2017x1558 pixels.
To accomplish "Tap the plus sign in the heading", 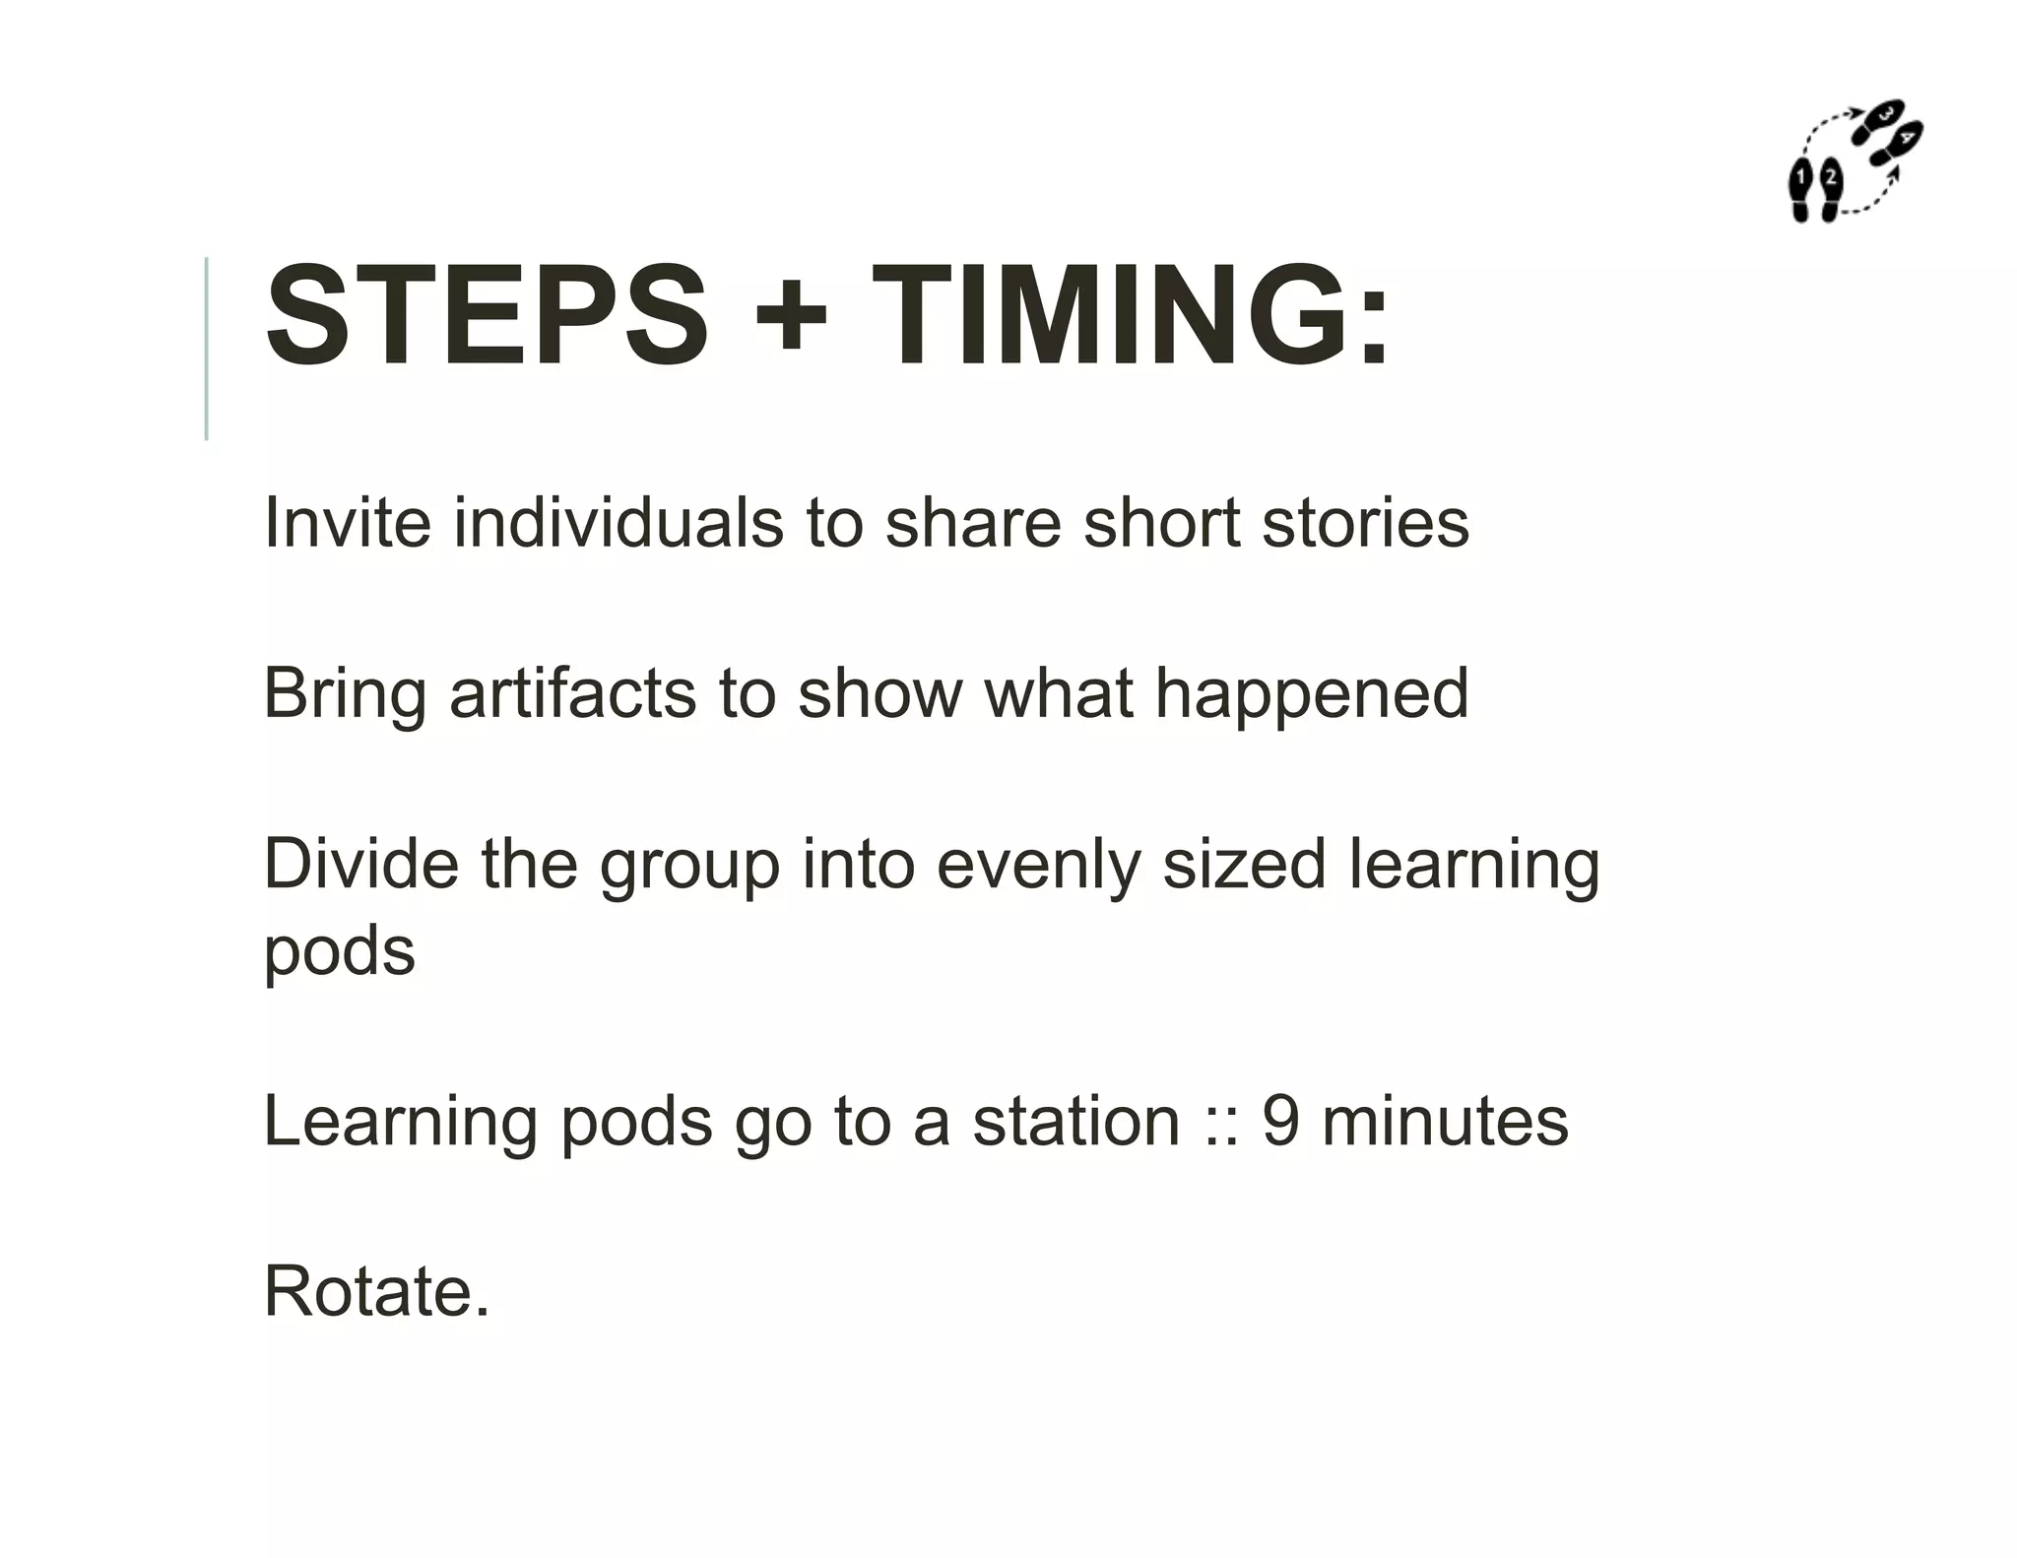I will (x=789, y=317).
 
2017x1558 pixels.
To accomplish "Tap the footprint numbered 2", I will (x=1830, y=188).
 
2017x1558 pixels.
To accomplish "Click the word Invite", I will (x=347, y=522).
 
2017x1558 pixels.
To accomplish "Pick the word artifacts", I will (x=574, y=693).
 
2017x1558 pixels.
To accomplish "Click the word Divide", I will (x=360, y=864).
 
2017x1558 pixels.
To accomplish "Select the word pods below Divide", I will (x=340, y=951).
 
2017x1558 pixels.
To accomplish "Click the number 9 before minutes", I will (x=1280, y=1121).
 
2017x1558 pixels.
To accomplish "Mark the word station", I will (x=1075, y=1121).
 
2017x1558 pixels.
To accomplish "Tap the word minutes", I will (x=1445, y=1121).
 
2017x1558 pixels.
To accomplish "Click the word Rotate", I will (x=376, y=1291).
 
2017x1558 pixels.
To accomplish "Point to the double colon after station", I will (x=1220, y=1123).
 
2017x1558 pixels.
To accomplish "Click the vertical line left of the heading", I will (x=206, y=348).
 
